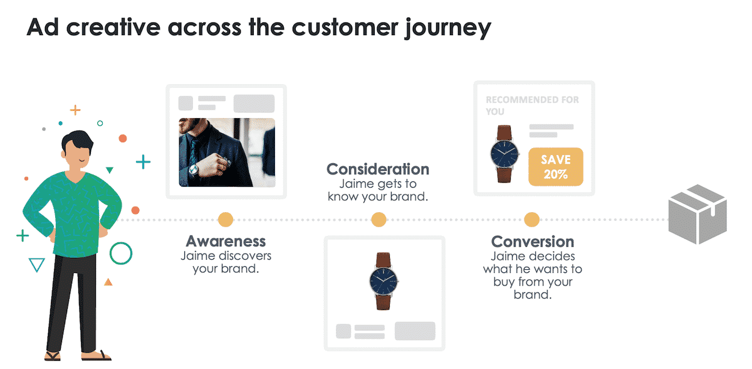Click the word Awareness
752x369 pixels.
point(226,242)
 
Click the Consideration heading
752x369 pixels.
point(378,169)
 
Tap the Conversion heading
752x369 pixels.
point(533,242)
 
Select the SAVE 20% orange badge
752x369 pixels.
point(556,167)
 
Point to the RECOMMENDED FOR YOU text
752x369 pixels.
point(533,105)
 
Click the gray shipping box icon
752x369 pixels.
point(697,214)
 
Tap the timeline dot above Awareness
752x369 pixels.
point(226,220)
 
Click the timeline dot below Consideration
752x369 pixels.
point(379,220)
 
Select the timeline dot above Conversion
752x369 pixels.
point(532,220)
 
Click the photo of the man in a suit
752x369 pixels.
point(227,152)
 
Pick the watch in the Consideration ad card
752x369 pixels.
point(384,281)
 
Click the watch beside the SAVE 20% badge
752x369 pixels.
point(504,154)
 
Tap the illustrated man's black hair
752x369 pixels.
point(78,141)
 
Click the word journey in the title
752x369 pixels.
point(448,28)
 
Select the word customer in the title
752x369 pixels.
point(345,28)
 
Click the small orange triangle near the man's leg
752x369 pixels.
point(108,282)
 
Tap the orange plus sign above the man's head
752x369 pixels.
point(75,110)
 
